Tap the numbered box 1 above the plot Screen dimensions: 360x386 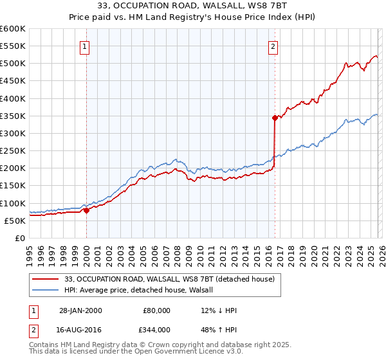point(85,46)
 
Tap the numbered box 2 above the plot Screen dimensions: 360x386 point(273,46)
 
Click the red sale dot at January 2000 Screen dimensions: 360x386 point(86,210)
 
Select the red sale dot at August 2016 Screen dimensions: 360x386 point(275,118)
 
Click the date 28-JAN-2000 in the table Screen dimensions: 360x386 point(80,310)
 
